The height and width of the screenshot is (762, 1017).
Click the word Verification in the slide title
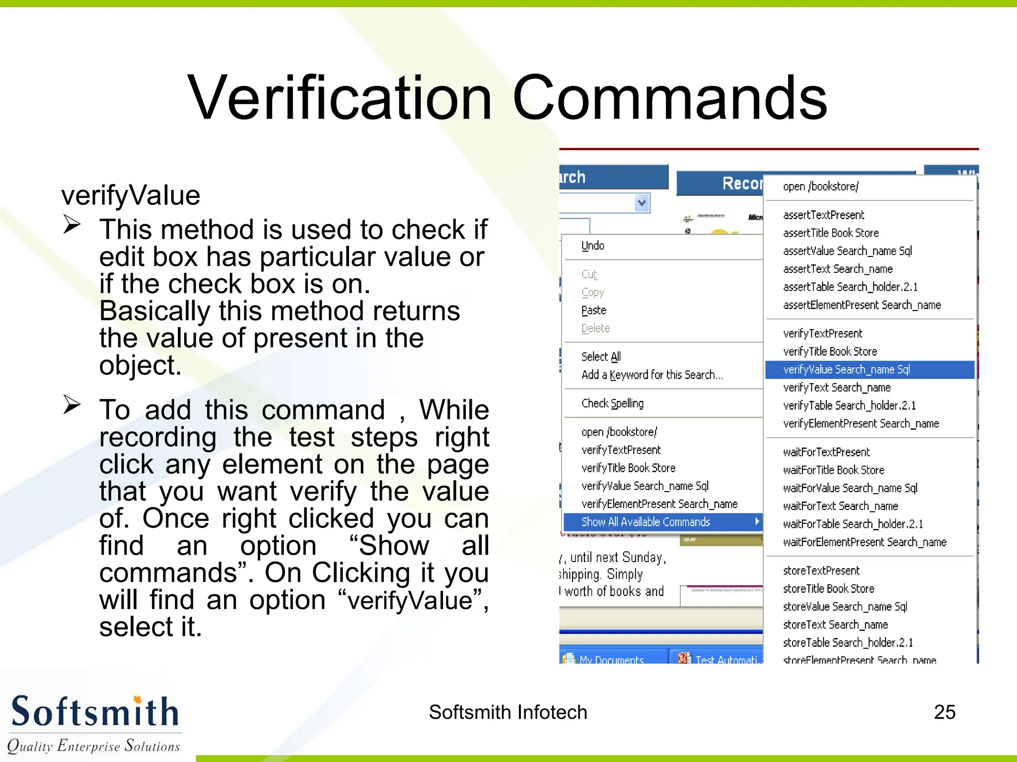(340, 98)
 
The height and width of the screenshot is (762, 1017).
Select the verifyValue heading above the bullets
(131, 195)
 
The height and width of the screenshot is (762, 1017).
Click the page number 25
(944, 712)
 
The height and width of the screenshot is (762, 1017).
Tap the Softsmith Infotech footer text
(508, 712)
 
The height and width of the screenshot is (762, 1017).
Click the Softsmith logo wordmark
(94, 711)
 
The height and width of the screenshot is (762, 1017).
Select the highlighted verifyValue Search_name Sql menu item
(846, 370)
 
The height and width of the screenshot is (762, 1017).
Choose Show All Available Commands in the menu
(646, 522)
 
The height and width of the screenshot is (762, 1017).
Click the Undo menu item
(592, 246)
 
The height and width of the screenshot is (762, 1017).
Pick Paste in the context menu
(593, 311)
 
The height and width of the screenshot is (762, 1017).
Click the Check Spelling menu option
(612, 403)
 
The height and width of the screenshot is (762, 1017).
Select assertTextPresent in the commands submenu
(823, 215)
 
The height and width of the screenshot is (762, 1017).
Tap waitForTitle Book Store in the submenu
(833, 470)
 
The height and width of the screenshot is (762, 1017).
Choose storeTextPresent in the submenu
(821, 571)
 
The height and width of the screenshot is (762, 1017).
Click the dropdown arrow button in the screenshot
(642, 203)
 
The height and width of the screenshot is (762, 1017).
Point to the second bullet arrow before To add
(72, 405)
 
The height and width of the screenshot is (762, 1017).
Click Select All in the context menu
(601, 357)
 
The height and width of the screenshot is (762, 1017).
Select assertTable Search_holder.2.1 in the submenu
(850, 287)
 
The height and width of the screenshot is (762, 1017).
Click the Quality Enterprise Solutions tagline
(93, 746)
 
